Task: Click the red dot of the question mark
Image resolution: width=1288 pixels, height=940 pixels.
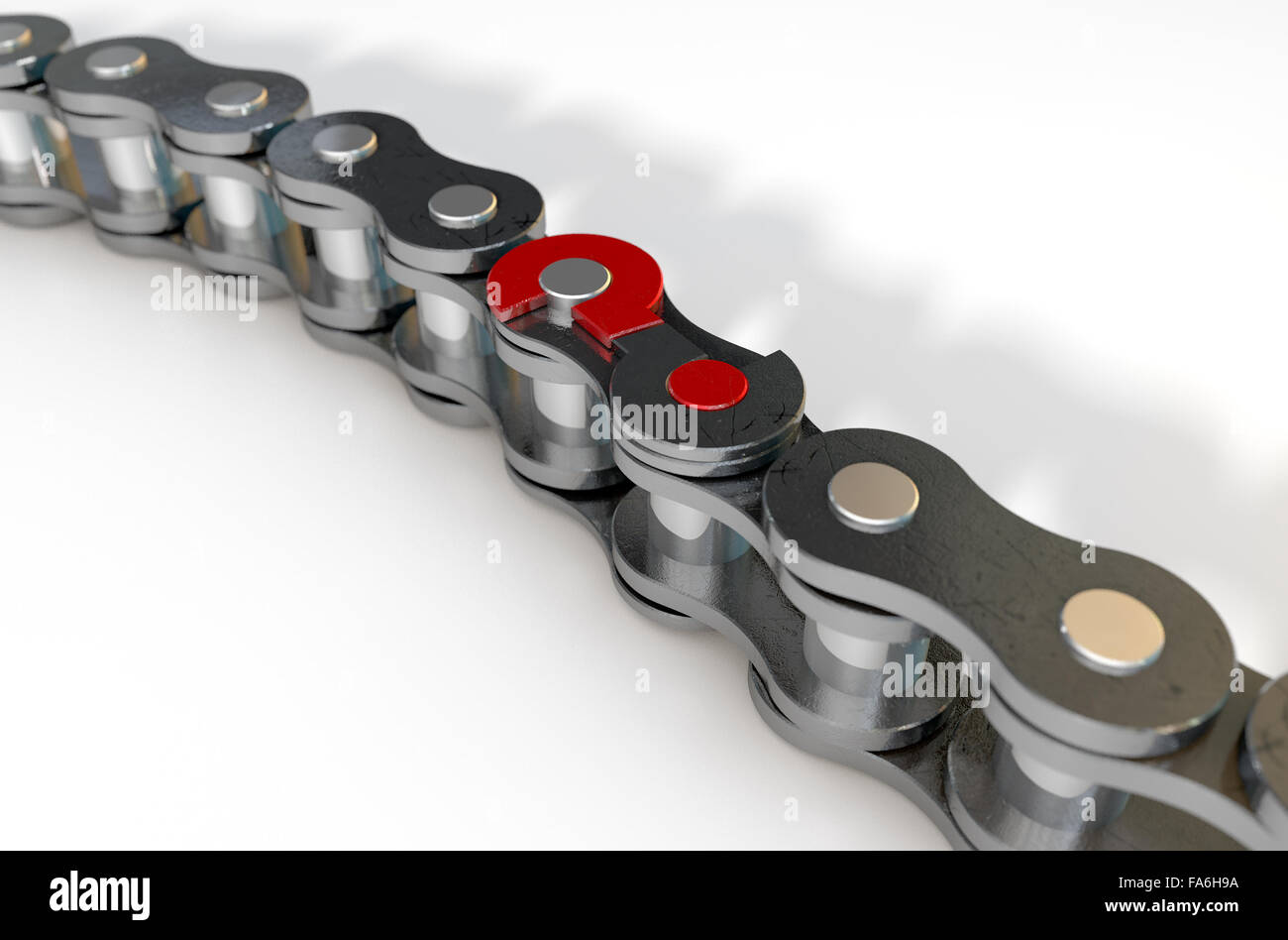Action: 707,385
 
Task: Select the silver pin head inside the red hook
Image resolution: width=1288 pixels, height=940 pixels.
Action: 574,279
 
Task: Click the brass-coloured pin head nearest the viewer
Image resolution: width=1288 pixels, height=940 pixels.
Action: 1112,631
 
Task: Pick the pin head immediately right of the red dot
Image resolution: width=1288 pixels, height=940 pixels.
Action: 872,496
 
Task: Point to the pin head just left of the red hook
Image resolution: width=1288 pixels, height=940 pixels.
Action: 462,205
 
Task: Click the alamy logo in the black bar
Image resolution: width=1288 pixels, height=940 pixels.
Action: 99,895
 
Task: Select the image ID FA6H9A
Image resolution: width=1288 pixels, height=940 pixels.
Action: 1188,881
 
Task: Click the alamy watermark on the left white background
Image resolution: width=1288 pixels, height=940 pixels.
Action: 203,294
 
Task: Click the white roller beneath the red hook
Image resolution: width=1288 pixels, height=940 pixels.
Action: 560,402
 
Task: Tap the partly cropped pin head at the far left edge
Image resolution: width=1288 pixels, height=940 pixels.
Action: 12,37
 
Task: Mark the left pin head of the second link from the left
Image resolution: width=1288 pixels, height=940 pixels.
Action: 116,61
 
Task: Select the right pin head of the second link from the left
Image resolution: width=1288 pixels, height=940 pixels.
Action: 236,97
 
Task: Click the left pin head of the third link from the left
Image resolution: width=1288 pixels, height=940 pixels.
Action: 344,143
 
